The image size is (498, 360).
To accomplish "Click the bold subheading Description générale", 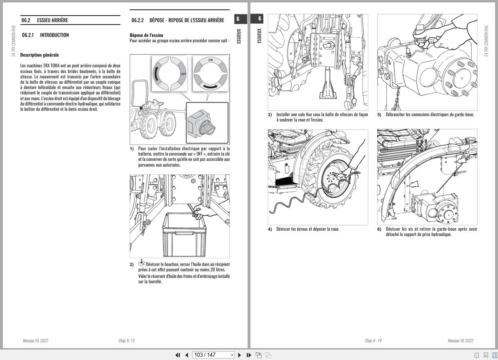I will click(x=39, y=55).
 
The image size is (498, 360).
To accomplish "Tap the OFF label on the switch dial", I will click(x=183, y=74).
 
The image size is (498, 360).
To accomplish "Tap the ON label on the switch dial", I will click(x=211, y=60).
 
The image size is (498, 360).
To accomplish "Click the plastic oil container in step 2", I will click(x=183, y=234).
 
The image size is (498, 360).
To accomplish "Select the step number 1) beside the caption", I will click(x=132, y=149).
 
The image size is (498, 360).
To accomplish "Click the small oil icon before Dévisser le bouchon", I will click(x=142, y=263).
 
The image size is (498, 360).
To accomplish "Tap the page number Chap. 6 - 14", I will click(x=373, y=341).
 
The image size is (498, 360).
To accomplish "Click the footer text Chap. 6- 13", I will click(x=126, y=341).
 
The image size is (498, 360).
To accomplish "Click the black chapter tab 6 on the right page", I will click(x=259, y=18).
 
